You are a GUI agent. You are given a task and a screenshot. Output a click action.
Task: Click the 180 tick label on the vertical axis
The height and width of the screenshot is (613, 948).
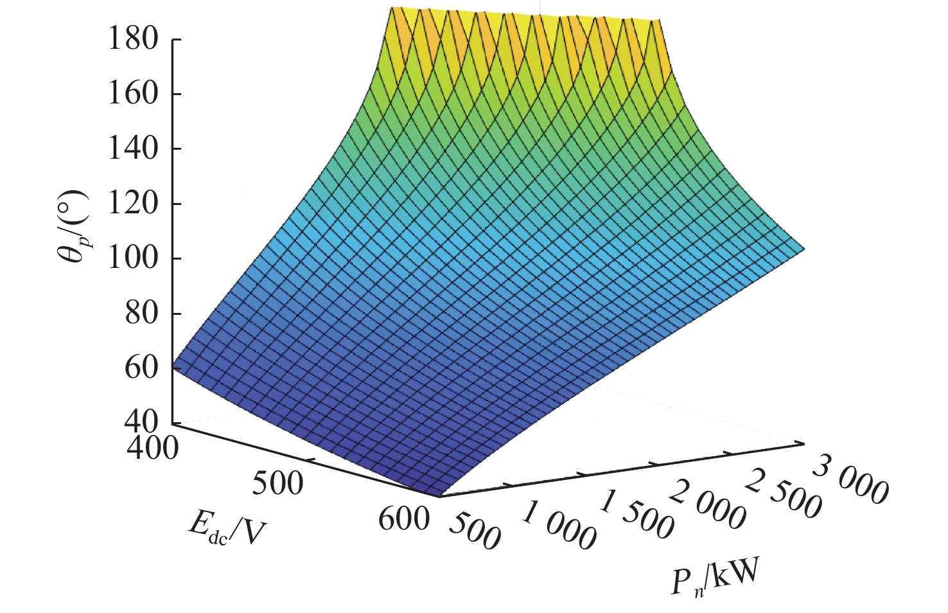pos(133,40)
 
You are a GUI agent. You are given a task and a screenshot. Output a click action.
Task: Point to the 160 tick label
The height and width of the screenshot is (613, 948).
pos(133,94)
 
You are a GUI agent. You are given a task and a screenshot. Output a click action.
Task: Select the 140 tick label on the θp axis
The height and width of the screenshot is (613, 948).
pos(133,149)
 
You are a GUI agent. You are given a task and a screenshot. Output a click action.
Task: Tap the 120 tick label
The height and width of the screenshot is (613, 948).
pos(133,204)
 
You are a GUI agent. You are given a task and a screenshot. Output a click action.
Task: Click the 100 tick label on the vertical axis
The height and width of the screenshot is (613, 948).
pos(133,259)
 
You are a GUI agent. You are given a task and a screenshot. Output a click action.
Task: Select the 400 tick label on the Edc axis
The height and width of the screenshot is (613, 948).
pos(152,448)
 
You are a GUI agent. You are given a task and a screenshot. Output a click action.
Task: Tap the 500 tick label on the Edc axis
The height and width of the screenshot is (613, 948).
pos(277,483)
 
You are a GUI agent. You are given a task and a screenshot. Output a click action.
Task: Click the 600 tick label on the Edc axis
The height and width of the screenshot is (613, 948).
pos(403,519)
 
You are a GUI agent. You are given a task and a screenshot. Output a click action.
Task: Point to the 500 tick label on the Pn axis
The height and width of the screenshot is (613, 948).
pos(474,532)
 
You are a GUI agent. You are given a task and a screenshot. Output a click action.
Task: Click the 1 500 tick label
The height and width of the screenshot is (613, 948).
pos(636,515)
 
